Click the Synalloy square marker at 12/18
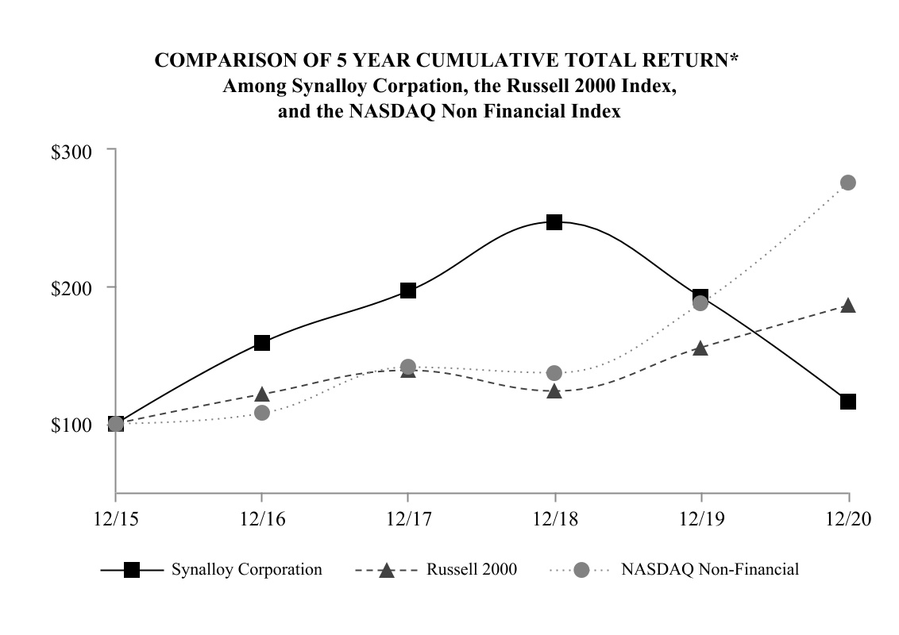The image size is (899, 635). point(554,222)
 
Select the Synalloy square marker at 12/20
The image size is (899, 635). point(848,402)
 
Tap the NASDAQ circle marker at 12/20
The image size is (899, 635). point(848,183)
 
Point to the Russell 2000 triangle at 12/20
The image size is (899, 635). point(848,306)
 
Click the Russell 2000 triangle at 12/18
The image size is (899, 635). point(554,391)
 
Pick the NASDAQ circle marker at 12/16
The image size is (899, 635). point(262,413)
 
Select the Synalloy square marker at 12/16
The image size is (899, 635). point(262,343)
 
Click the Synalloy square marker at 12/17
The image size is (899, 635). point(408,291)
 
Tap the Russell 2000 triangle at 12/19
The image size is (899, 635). point(700,348)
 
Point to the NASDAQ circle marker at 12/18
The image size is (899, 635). point(554,373)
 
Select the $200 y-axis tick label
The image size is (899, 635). point(72,287)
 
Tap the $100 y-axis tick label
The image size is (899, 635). point(72,425)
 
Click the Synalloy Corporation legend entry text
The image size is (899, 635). point(247,570)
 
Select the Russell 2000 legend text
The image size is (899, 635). point(472,570)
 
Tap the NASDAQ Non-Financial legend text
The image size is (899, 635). point(709,570)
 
